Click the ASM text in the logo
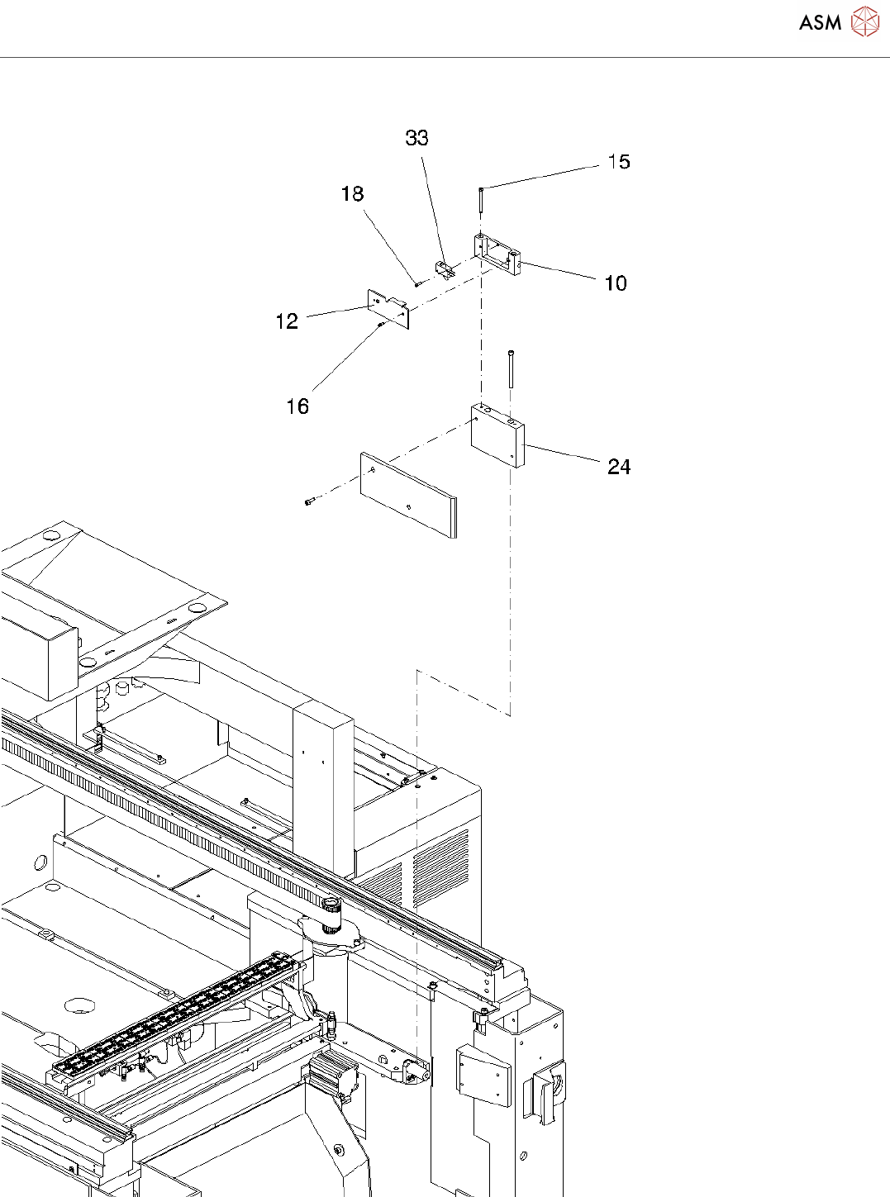point(820,23)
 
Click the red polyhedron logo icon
point(865,22)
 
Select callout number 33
point(416,138)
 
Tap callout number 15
point(619,162)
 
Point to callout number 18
point(352,194)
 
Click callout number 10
point(616,283)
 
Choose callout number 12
point(287,321)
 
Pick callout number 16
point(297,406)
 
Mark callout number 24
point(619,468)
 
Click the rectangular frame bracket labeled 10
point(497,252)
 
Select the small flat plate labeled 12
point(388,308)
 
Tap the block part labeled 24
point(497,436)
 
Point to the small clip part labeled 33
point(444,268)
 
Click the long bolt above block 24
point(512,368)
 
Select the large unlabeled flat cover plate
point(407,494)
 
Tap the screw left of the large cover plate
point(310,501)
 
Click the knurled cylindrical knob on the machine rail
point(331,914)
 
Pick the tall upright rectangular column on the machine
point(323,785)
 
